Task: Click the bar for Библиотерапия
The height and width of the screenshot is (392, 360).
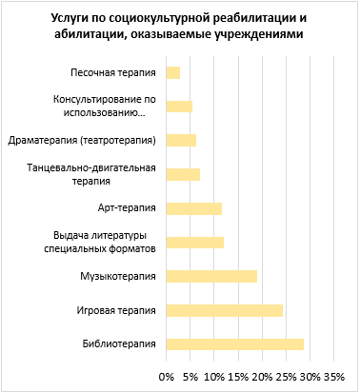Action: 235,344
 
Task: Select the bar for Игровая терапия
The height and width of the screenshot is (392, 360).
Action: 225,310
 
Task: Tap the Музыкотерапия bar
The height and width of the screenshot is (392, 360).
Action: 211,276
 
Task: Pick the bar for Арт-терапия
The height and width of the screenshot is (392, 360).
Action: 194,208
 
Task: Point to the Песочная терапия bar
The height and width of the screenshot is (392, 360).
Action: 173,72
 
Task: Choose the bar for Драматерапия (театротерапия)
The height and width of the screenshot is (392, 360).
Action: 181,140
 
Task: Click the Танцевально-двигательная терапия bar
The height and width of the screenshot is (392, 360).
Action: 183,174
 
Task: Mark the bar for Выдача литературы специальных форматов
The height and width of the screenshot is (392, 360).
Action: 195,242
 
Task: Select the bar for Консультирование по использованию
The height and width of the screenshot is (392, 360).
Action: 179,107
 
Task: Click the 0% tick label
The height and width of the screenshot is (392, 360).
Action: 167,377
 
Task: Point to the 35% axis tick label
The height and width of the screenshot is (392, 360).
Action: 333,377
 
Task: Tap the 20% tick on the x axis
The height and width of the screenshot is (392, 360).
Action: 262,377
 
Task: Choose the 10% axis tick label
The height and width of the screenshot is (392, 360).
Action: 214,377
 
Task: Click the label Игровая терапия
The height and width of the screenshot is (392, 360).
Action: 115,310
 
